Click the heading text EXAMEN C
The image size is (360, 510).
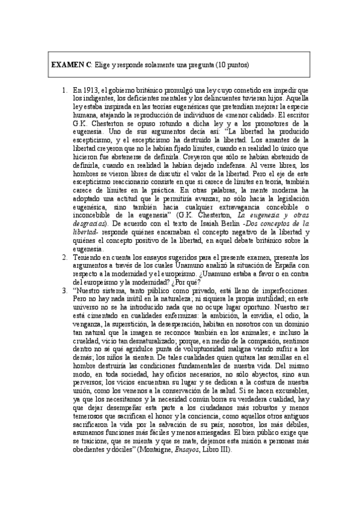coord(72,64)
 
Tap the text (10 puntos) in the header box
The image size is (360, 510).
coord(232,64)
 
